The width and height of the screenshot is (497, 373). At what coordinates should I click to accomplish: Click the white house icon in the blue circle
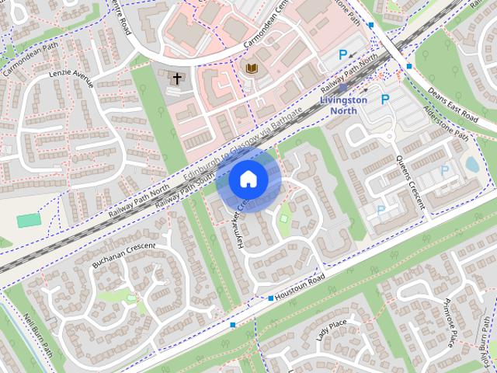248,179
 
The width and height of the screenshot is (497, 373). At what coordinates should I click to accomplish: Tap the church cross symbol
177,78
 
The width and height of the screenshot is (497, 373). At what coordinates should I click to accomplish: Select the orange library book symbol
251,69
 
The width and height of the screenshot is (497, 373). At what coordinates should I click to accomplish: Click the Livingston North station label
343,106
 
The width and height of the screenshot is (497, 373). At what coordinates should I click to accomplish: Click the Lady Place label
332,330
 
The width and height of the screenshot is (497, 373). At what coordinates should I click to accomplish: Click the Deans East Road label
453,105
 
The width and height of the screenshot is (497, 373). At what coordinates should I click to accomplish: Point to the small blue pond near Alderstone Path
471,165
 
